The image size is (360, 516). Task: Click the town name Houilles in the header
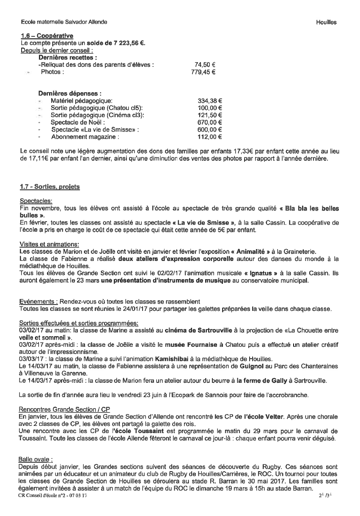coord(326,22)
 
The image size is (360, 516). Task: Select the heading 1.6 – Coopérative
coord(47,36)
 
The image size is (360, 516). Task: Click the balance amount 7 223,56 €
coord(124,43)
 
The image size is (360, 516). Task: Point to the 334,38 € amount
coord(210,101)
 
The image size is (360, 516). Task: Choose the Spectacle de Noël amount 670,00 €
coord(210,123)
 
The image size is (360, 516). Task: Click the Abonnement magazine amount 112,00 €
coord(210,137)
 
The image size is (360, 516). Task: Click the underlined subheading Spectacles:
coord(36,201)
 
